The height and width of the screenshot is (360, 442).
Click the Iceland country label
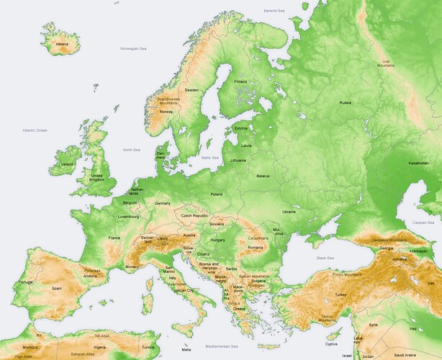pos(62,45)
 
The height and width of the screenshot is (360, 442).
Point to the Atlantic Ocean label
pos(34,130)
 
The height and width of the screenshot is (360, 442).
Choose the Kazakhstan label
pos(418,163)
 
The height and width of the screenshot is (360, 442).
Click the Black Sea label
pos(326,257)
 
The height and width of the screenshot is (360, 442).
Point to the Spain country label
pos(57,288)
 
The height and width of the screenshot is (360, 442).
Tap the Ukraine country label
pos(289,212)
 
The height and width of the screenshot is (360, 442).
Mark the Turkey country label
pos(341,294)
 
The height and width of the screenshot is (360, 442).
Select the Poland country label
pos(216,194)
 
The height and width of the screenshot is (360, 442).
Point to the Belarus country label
pos(263,176)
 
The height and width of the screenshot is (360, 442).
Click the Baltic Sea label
pos(210,157)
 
